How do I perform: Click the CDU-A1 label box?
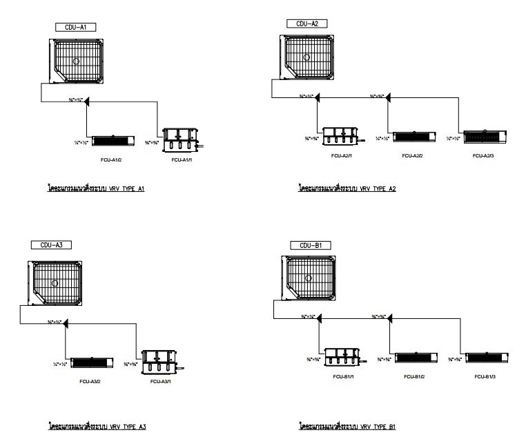click(75, 27)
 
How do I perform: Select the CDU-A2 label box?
click(306, 23)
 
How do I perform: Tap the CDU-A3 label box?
click(51, 244)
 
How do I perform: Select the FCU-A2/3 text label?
click(483, 156)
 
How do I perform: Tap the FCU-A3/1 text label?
click(161, 381)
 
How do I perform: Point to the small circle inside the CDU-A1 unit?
click(77, 60)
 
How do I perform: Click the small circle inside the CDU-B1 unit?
click(308, 278)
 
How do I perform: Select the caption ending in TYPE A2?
click(347, 188)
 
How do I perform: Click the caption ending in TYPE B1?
click(347, 427)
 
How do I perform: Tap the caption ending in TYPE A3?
click(97, 427)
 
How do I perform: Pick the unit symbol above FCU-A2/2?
click(415, 137)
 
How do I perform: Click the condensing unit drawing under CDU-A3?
click(55, 282)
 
